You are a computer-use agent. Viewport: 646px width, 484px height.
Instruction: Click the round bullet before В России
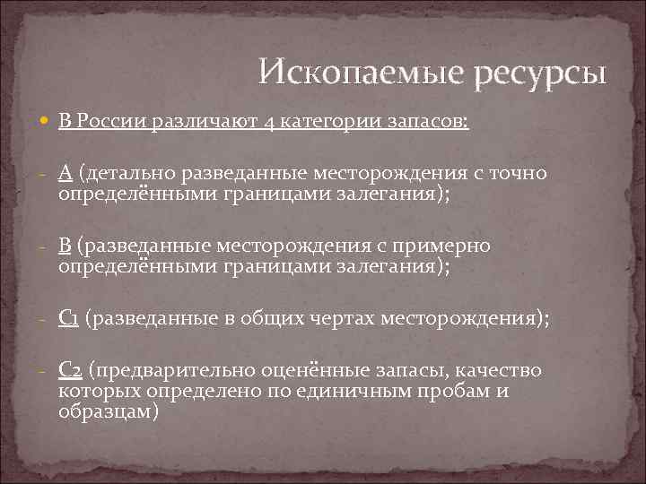pos(46,122)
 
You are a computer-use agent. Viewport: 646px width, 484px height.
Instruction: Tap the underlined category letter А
pos(67,173)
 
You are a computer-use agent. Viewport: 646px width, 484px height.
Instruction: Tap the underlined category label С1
pos(73,318)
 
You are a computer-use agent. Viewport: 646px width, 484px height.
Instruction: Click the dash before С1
pos(45,318)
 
